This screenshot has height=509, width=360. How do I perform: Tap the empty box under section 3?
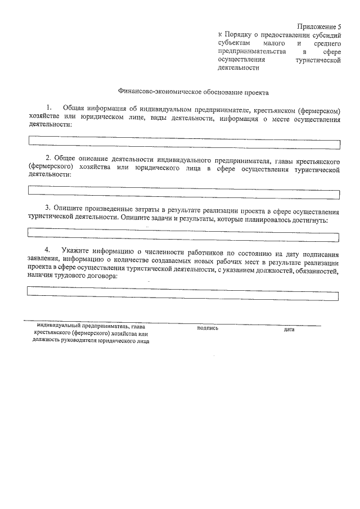click(184, 232)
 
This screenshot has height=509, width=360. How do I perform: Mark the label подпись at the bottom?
click(208, 328)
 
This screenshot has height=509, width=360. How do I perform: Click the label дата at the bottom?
click(289, 329)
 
